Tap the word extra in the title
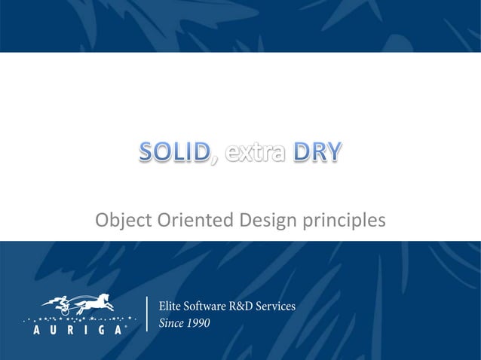[x=253, y=154]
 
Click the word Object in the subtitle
[x=123, y=221]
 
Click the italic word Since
[x=171, y=324]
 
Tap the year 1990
[x=198, y=324]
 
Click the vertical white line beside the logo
[x=146, y=314]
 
